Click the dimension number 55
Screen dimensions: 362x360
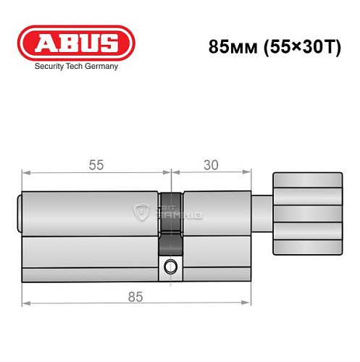tap(96, 165)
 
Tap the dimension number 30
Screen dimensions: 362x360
tap(211, 165)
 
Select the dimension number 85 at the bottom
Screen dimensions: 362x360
tap(135, 296)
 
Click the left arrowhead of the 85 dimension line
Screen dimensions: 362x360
tap(25, 304)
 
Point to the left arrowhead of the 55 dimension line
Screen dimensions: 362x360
tap(25, 173)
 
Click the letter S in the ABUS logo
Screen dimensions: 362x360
tap(106, 42)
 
